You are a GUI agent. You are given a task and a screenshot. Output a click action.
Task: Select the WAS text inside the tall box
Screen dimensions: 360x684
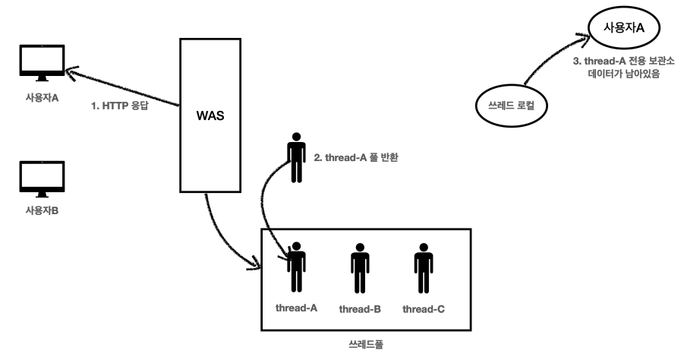[x=209, y=119]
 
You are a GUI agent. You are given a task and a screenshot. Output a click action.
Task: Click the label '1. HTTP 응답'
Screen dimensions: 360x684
[x=118, y=106]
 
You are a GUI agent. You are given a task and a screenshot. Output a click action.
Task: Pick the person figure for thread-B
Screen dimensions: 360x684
[x=360, y=267]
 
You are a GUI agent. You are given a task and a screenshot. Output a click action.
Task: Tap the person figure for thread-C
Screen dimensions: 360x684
[x=424, y=267]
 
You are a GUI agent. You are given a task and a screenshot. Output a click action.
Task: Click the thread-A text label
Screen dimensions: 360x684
[x=295, y=308]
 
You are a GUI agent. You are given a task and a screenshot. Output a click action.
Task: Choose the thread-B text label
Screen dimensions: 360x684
[x=360, y=309]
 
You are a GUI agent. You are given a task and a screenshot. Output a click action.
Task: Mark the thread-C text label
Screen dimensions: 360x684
[x=424, y=309]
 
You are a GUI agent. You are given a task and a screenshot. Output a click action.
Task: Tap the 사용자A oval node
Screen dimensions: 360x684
[x=623, y=28]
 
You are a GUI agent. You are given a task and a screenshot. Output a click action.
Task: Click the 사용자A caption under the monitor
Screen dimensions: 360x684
[x=43, y=98]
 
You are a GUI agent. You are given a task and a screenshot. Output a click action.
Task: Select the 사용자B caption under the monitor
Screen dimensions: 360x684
[x=43, y=210]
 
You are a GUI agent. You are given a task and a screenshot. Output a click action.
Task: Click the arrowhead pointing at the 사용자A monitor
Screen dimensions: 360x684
[x=69, y=70]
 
